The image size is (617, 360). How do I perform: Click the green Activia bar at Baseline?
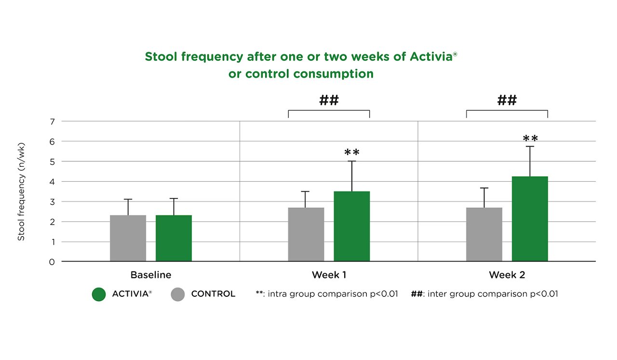click(x=174, y=239)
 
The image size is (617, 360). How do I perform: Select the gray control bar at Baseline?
click(x=128, y=239)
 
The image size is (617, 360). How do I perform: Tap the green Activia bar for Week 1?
click(x=351, y=227)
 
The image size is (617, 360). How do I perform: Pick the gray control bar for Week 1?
click(x=306, y=235)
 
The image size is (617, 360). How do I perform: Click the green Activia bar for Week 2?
click(x=530, y=219)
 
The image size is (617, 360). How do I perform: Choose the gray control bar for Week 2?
click(x=484, y=235)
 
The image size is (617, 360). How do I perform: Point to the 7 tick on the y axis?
click(x=52, y=121)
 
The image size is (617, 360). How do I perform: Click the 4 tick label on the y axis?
click(x=52, y=182)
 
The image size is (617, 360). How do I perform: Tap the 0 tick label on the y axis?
click(x=52, y=262)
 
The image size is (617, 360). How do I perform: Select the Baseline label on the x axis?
click(x=151, y=275)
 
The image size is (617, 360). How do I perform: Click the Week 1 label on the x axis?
click(x=329, y=275)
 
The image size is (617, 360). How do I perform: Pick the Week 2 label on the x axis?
click(x=507, y=275)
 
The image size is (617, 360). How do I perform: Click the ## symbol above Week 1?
click(x=329, y=101)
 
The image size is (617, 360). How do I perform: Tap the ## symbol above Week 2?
click(x=507, y=101)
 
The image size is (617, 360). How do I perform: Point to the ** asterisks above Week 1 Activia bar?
click(x=352, y=153)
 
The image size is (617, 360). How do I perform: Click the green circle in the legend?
click(x=99, y=294)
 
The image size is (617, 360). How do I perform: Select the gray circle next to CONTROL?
click(x=178, y=294)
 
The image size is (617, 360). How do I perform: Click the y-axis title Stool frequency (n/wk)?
click(x=21, y=192)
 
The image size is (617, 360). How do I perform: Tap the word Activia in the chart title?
click(x=430, y=56)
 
